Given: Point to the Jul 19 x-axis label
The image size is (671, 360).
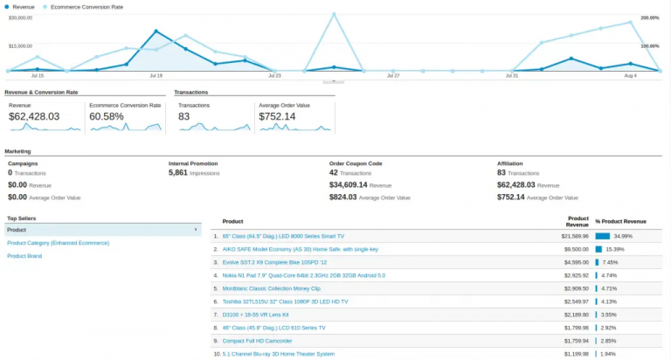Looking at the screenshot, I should [156, 76].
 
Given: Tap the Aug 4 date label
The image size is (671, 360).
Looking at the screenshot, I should [630, 76].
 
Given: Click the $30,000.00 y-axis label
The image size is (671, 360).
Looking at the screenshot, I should [21, 17].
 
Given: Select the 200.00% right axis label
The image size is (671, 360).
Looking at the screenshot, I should [649, 17].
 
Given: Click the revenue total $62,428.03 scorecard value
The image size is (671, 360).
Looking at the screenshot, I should [34, 116].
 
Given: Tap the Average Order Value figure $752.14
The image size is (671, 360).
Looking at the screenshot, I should [277, 116].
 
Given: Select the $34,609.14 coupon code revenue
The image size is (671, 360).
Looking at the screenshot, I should [348, 185].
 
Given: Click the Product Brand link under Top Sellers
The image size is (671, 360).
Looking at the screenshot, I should [25, 256].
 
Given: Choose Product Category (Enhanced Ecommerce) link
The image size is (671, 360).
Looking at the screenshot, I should [58, 243].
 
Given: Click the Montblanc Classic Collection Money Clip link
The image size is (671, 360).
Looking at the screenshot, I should [272, 287].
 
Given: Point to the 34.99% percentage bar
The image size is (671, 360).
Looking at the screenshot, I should [602, 236].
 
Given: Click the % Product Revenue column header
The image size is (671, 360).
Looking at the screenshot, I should [620, 221].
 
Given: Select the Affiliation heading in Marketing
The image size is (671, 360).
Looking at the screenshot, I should [510, 163].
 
